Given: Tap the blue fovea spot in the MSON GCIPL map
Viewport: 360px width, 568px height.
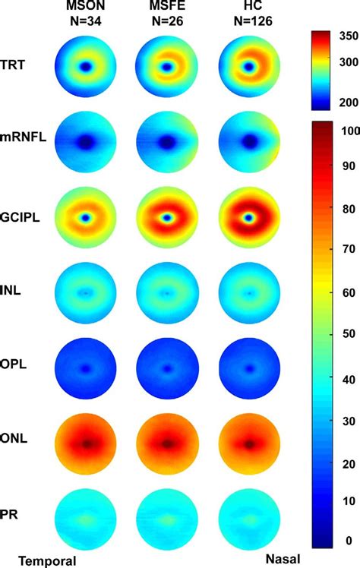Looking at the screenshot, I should [x=86, y=217].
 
